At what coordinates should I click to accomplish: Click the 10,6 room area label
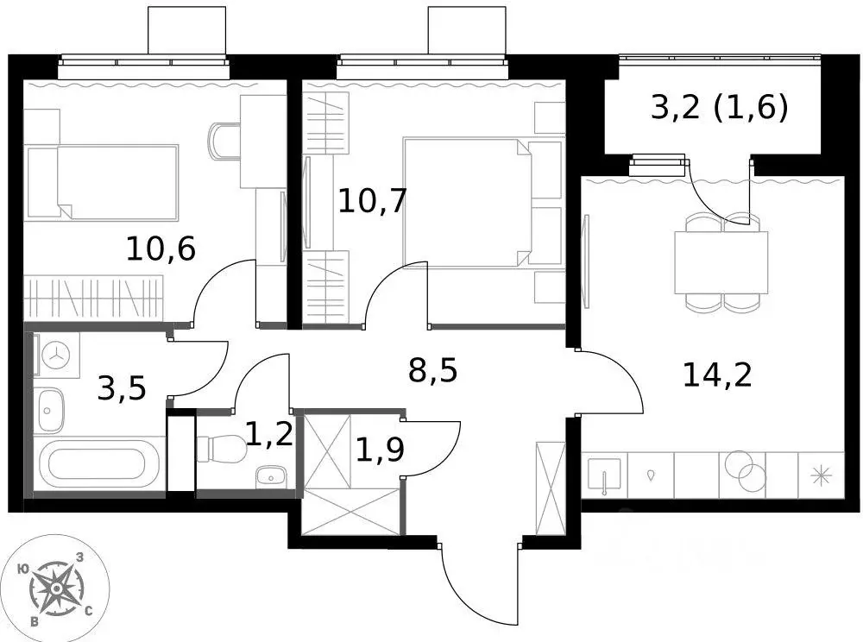pos(161,249)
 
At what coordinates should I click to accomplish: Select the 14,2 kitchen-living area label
pos(716,374)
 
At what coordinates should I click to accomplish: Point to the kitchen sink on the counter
pos(604,475)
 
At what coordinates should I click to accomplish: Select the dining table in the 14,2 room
pos(721,261)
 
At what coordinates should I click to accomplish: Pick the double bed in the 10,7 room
pos(470,202)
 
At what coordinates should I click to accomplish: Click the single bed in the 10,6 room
pos(102,182)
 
